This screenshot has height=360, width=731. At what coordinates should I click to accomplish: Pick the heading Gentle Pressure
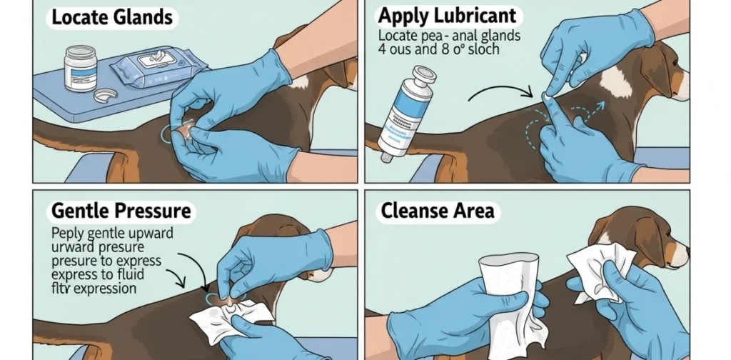pyautogui.click(x=121, y=211)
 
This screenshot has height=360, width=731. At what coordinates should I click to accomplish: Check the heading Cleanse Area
pyautogui.click(x=437, y=211)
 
